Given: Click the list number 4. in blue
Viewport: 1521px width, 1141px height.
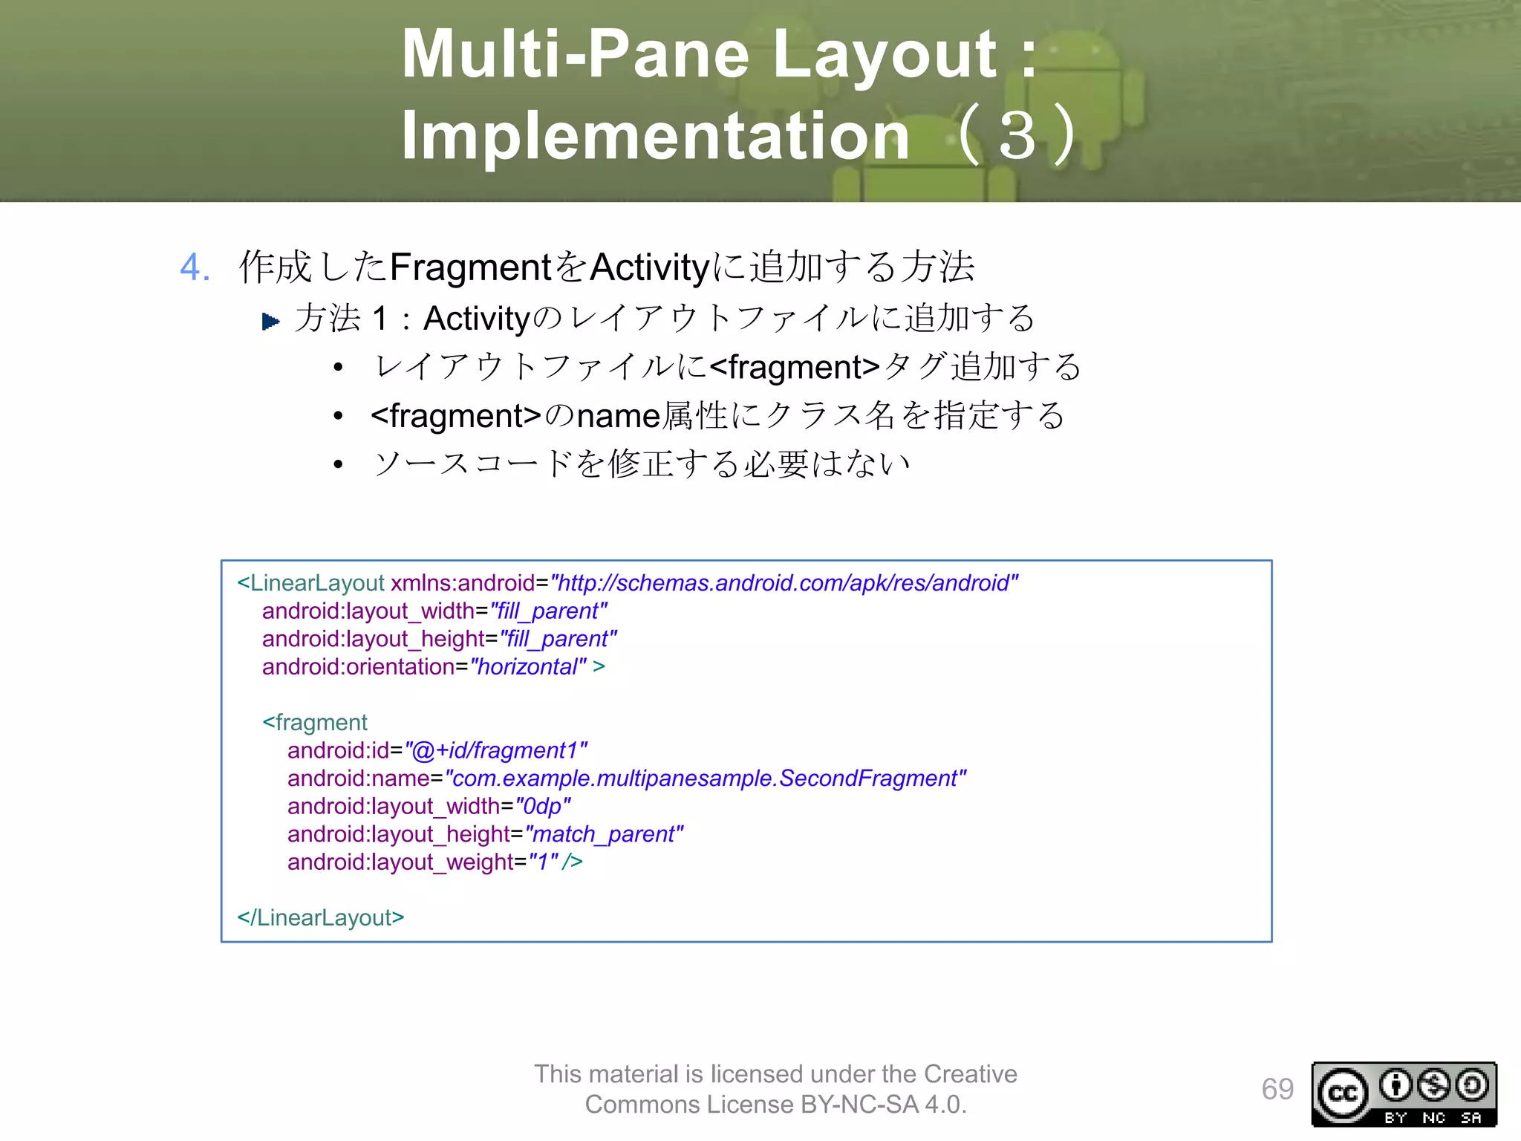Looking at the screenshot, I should tap(195, 267).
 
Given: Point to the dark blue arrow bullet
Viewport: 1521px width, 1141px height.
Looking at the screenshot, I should tap(270, 321).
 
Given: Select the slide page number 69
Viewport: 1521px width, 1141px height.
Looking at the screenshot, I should tap(1277, 1090).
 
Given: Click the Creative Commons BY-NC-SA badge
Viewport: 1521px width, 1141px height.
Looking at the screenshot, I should tap(1404, 1094).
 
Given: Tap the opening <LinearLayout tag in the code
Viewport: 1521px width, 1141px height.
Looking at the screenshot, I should tap(310, 583).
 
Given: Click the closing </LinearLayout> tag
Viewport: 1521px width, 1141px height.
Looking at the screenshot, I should tap(321, 918).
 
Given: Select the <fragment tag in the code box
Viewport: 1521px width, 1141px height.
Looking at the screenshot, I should tap(315, 723).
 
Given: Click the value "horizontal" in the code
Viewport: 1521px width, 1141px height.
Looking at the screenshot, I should tap(528, 667).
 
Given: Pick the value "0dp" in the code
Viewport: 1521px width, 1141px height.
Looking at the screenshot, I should tap(542, 807).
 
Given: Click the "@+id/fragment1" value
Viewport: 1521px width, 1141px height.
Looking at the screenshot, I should tap(496, 751).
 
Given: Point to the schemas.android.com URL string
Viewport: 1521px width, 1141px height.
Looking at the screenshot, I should tap(784, 583).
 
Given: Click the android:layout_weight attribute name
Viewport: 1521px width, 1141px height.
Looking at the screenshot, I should tap(400, 862).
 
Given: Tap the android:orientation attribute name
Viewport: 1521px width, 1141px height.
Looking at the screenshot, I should tap(358, 667).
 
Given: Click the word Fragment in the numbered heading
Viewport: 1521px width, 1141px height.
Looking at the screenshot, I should tap(469, 267).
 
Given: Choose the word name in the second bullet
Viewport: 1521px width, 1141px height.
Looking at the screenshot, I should tap(618, 416).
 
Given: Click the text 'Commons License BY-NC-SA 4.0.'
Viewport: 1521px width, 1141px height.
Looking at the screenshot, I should tap(775, 1105).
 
